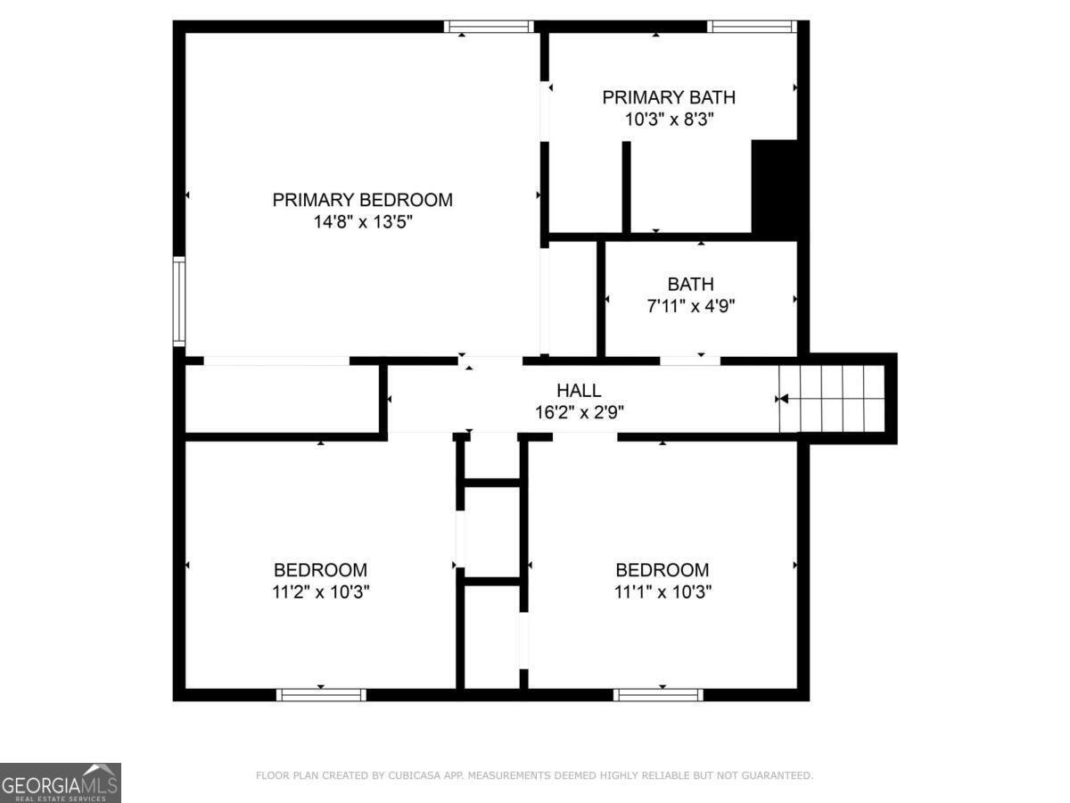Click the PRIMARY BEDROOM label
(362, 200)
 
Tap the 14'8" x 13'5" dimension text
(362, 221)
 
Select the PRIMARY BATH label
(669, 97)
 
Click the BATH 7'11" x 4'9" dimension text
(691, 305)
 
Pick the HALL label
(579, 391)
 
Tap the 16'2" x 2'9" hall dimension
(579, 412)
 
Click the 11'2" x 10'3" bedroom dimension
(320, 591)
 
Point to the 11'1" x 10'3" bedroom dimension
(663, 591)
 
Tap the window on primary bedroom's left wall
(179, 302)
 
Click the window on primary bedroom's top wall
(489, 27)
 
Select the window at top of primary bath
(751, 27)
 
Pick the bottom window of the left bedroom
(321, 694)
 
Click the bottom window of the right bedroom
(658, 694)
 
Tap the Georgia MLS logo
(60, 782)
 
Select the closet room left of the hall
(283, 399)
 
